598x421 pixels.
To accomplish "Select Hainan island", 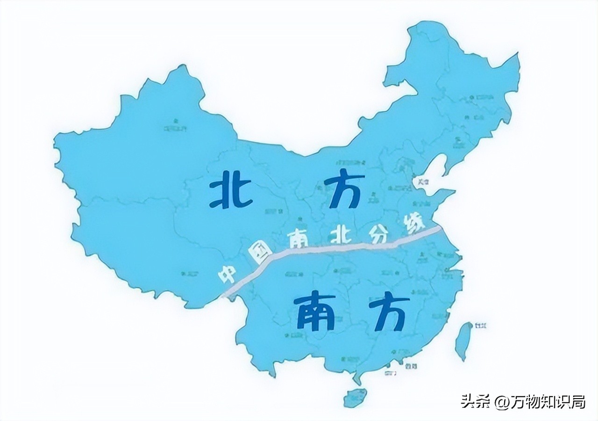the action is (x=356, y=397).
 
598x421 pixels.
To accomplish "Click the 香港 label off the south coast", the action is (x=411, y=365).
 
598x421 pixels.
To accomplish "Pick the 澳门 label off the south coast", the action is (x=390, y=373).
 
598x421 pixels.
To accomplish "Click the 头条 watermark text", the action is (x=476, y=401).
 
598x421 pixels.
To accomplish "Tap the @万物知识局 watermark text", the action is (x=540, y=401).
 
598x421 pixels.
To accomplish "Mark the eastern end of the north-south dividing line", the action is (x=439, y=228).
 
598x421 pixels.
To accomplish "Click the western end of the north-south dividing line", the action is (x=223, y=296).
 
